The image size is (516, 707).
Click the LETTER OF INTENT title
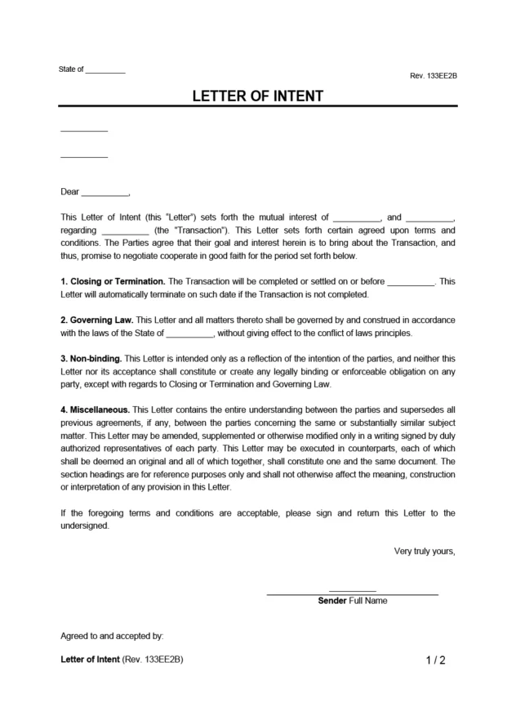257,96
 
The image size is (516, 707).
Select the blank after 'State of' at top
105,71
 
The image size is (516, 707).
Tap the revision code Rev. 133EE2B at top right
433,75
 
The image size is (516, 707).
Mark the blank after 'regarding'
125,231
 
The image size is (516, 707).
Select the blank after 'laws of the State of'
189,334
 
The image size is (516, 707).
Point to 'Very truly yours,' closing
424,552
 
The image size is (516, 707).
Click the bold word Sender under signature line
331,601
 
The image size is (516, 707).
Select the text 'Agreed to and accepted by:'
112,634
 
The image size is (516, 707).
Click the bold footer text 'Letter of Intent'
90,660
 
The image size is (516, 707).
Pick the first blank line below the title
84,131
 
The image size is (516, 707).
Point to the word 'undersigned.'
84,526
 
